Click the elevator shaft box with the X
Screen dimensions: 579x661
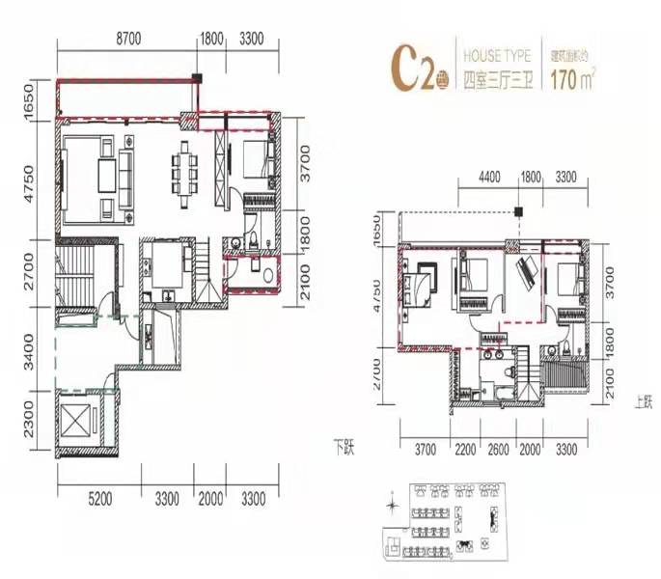79,423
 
